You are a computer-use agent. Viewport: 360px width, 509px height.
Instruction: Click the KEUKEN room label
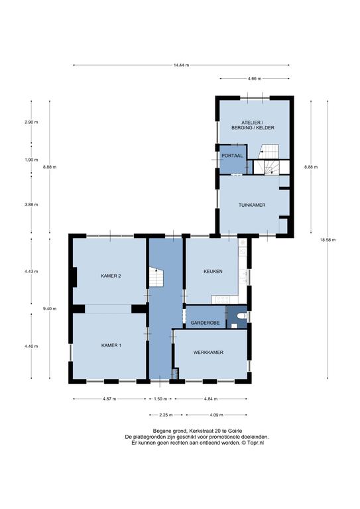point(213,271)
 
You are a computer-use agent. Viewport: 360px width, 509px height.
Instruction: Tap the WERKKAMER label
point(208,352)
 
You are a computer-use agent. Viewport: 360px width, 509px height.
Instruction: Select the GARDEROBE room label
point(205,323)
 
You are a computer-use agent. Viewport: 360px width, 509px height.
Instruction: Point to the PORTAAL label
point(232,156)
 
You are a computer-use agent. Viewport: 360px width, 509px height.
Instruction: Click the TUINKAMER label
point(252,205)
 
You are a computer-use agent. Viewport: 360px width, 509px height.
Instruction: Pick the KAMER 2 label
point(111,276)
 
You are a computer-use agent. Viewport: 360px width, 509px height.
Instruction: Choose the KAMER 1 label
point(111,345)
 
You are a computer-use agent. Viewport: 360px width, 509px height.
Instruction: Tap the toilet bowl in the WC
point(242,315)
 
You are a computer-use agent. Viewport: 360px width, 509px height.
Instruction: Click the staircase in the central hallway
point(156,277)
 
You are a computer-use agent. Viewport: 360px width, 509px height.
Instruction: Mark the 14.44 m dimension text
point(181,65)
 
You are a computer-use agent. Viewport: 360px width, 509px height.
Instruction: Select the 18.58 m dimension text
point(328,240)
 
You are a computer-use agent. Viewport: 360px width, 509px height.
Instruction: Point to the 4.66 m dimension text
point(255,79)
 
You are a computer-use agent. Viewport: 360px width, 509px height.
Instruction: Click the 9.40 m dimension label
point(50,309)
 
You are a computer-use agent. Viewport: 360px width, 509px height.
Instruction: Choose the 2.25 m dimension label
point(166,415)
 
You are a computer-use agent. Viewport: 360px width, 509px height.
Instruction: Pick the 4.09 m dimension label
point(217,415)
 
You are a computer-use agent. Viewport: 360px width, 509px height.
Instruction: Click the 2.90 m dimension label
point(31,123)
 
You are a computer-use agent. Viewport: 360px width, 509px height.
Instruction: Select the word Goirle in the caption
point(235,431)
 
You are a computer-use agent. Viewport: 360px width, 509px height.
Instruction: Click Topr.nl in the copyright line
point(255,443)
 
